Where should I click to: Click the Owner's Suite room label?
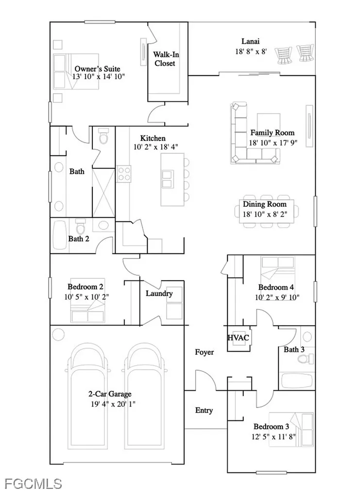(97, 69)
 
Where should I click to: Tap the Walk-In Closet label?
(165, 59)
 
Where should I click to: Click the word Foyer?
(204, 352)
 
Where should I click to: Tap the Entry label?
(204, 411)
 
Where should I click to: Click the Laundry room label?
(159, 293)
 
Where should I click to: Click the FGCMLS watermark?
(33, 483)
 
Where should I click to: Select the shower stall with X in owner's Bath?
(103, 192)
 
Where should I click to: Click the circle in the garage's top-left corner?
(58, 334)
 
